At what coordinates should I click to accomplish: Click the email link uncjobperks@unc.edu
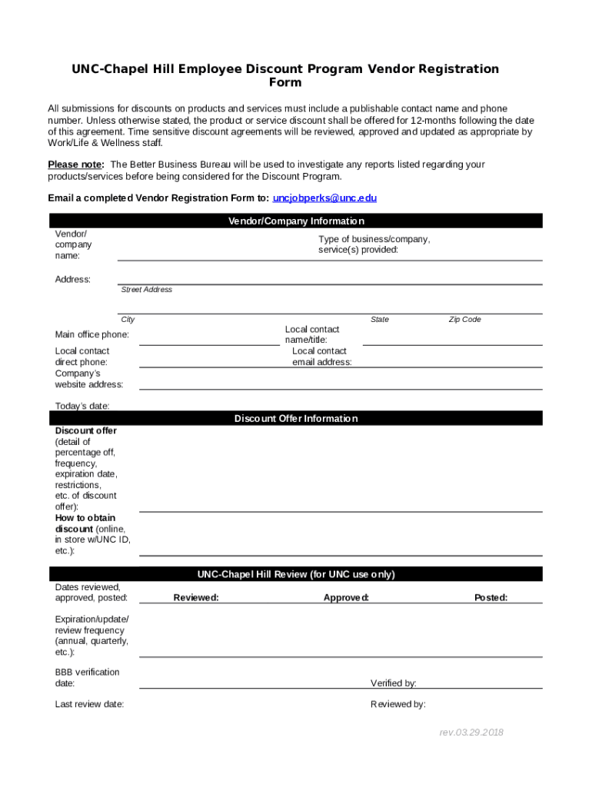click(324, 198)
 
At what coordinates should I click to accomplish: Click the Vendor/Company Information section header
click(296, 221)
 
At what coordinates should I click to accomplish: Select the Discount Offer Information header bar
click(296, 419)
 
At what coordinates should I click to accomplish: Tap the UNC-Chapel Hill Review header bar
click(296, 575)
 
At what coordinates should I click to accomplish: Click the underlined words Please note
click(75, 164)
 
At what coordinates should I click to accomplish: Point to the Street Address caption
click(146, 290)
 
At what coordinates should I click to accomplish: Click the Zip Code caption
click(464, 320)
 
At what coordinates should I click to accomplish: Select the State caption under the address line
click(379, 320)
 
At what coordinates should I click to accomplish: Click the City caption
click(127, 320)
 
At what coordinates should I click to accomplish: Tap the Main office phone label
click(91, 335)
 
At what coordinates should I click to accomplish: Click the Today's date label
click(81, 406)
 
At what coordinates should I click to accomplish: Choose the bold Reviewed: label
click(195, 598)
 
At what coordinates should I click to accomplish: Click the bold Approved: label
click(346, 598)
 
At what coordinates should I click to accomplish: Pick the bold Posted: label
click(491, 598)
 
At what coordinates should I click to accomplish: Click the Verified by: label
click(393, 683)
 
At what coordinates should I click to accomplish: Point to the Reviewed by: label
click(397, 705)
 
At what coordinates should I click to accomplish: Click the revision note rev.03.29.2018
click(471, 732)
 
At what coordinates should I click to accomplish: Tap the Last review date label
click(89, 705)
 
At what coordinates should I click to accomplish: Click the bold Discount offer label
click(85, 431)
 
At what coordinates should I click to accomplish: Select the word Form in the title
click(285, 83)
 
